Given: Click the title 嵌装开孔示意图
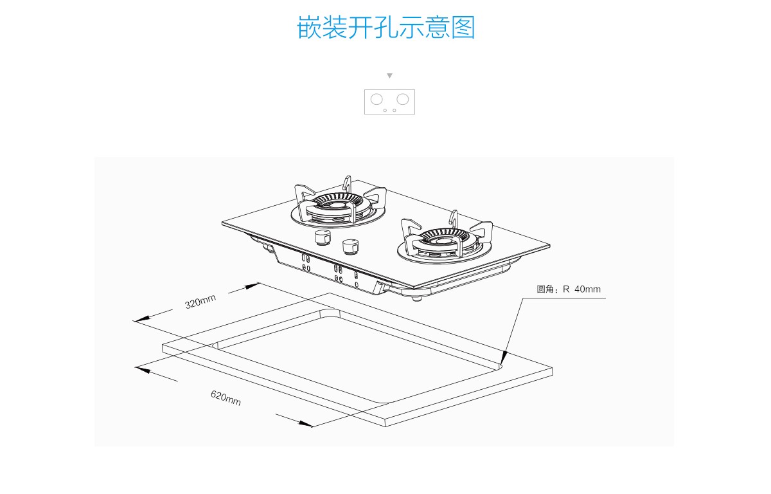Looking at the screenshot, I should (385, 28).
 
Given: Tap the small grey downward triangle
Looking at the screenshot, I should (389, 76).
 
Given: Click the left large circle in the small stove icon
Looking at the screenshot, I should (377, 99).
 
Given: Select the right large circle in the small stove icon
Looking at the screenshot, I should (402, 99).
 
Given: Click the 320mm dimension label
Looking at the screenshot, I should (200, 301).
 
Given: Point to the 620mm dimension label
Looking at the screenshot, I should (226, 398).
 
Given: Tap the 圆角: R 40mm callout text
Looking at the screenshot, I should (569, 289).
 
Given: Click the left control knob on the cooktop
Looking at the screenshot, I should (323, 239).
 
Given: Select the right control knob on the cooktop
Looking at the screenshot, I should (350, 246).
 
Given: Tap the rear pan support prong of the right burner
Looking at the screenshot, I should (454, 217).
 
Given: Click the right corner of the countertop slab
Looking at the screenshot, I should (552, 370).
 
